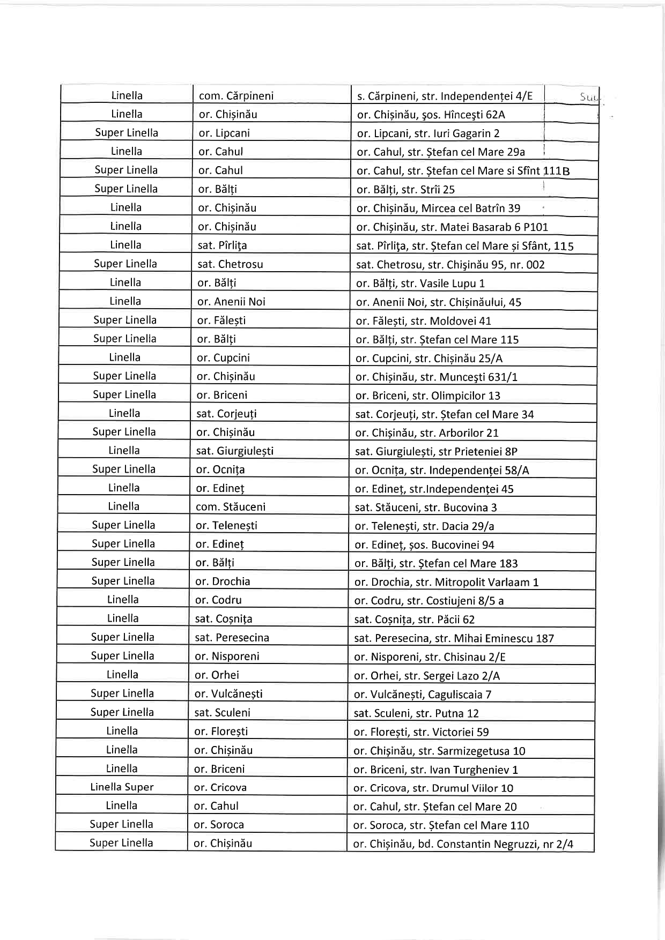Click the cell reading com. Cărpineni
pos(236,96)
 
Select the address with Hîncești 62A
pos(431,115)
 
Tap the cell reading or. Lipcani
pos(224,133)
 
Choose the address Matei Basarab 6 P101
pos(452,227)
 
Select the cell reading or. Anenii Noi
pos(231,302)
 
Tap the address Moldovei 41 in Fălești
pos(423,320)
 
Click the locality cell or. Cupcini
pos(223,357)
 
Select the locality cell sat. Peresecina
pos(232,638)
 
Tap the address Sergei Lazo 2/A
pos(427,676)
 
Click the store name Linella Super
pos(122,787)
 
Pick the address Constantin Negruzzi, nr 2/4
pos(463,844)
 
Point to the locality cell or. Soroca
pos(219,825)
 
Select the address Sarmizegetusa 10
pos(439,751)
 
